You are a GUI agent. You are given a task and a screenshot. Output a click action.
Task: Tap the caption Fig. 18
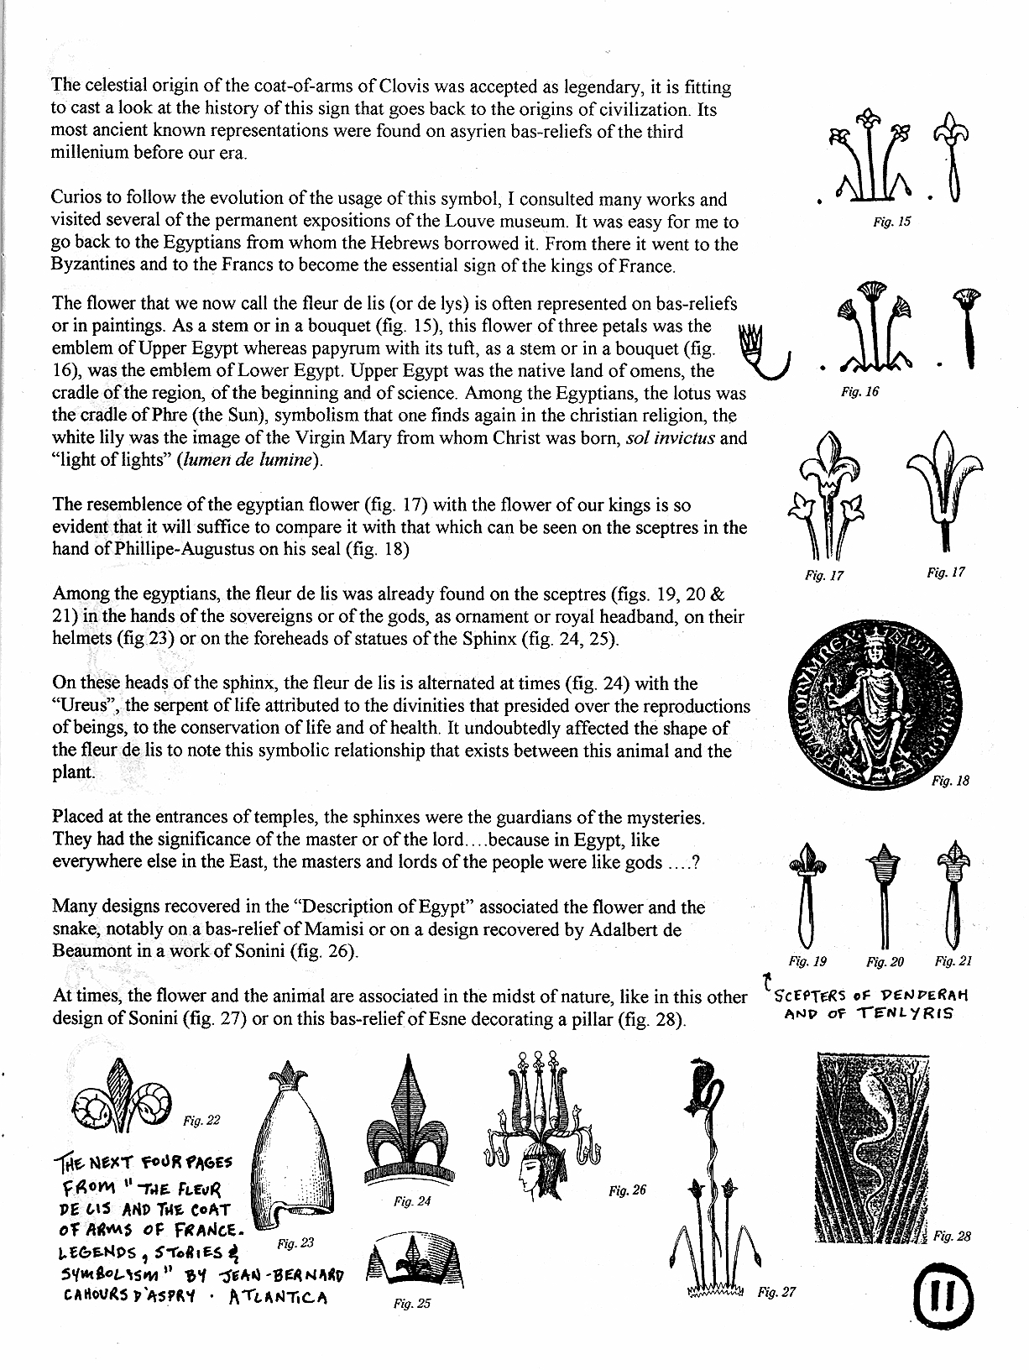pos(951,781)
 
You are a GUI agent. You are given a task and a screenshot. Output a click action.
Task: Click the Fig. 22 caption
pos(201,1120)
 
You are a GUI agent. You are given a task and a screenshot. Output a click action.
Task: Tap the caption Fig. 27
pos(776,1292)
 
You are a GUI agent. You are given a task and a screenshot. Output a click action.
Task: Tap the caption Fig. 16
pos(859,392)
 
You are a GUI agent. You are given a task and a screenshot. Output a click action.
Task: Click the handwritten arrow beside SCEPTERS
pos(765,980)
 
